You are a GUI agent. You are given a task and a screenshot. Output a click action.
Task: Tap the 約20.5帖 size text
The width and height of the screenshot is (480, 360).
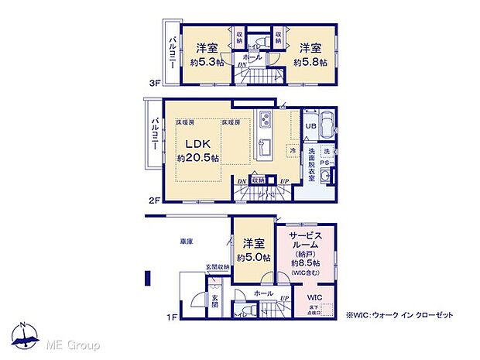point(198,158)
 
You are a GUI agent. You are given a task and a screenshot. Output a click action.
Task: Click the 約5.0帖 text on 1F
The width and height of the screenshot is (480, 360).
point(253,257)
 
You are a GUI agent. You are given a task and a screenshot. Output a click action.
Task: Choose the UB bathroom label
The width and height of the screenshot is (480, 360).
point(310,126)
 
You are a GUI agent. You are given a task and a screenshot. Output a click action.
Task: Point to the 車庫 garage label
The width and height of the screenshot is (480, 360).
point(187,242)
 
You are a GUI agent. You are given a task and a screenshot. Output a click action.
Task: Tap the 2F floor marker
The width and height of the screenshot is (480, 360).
point(155,200)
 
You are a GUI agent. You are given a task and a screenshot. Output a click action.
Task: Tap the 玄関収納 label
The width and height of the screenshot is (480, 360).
point(218,268)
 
